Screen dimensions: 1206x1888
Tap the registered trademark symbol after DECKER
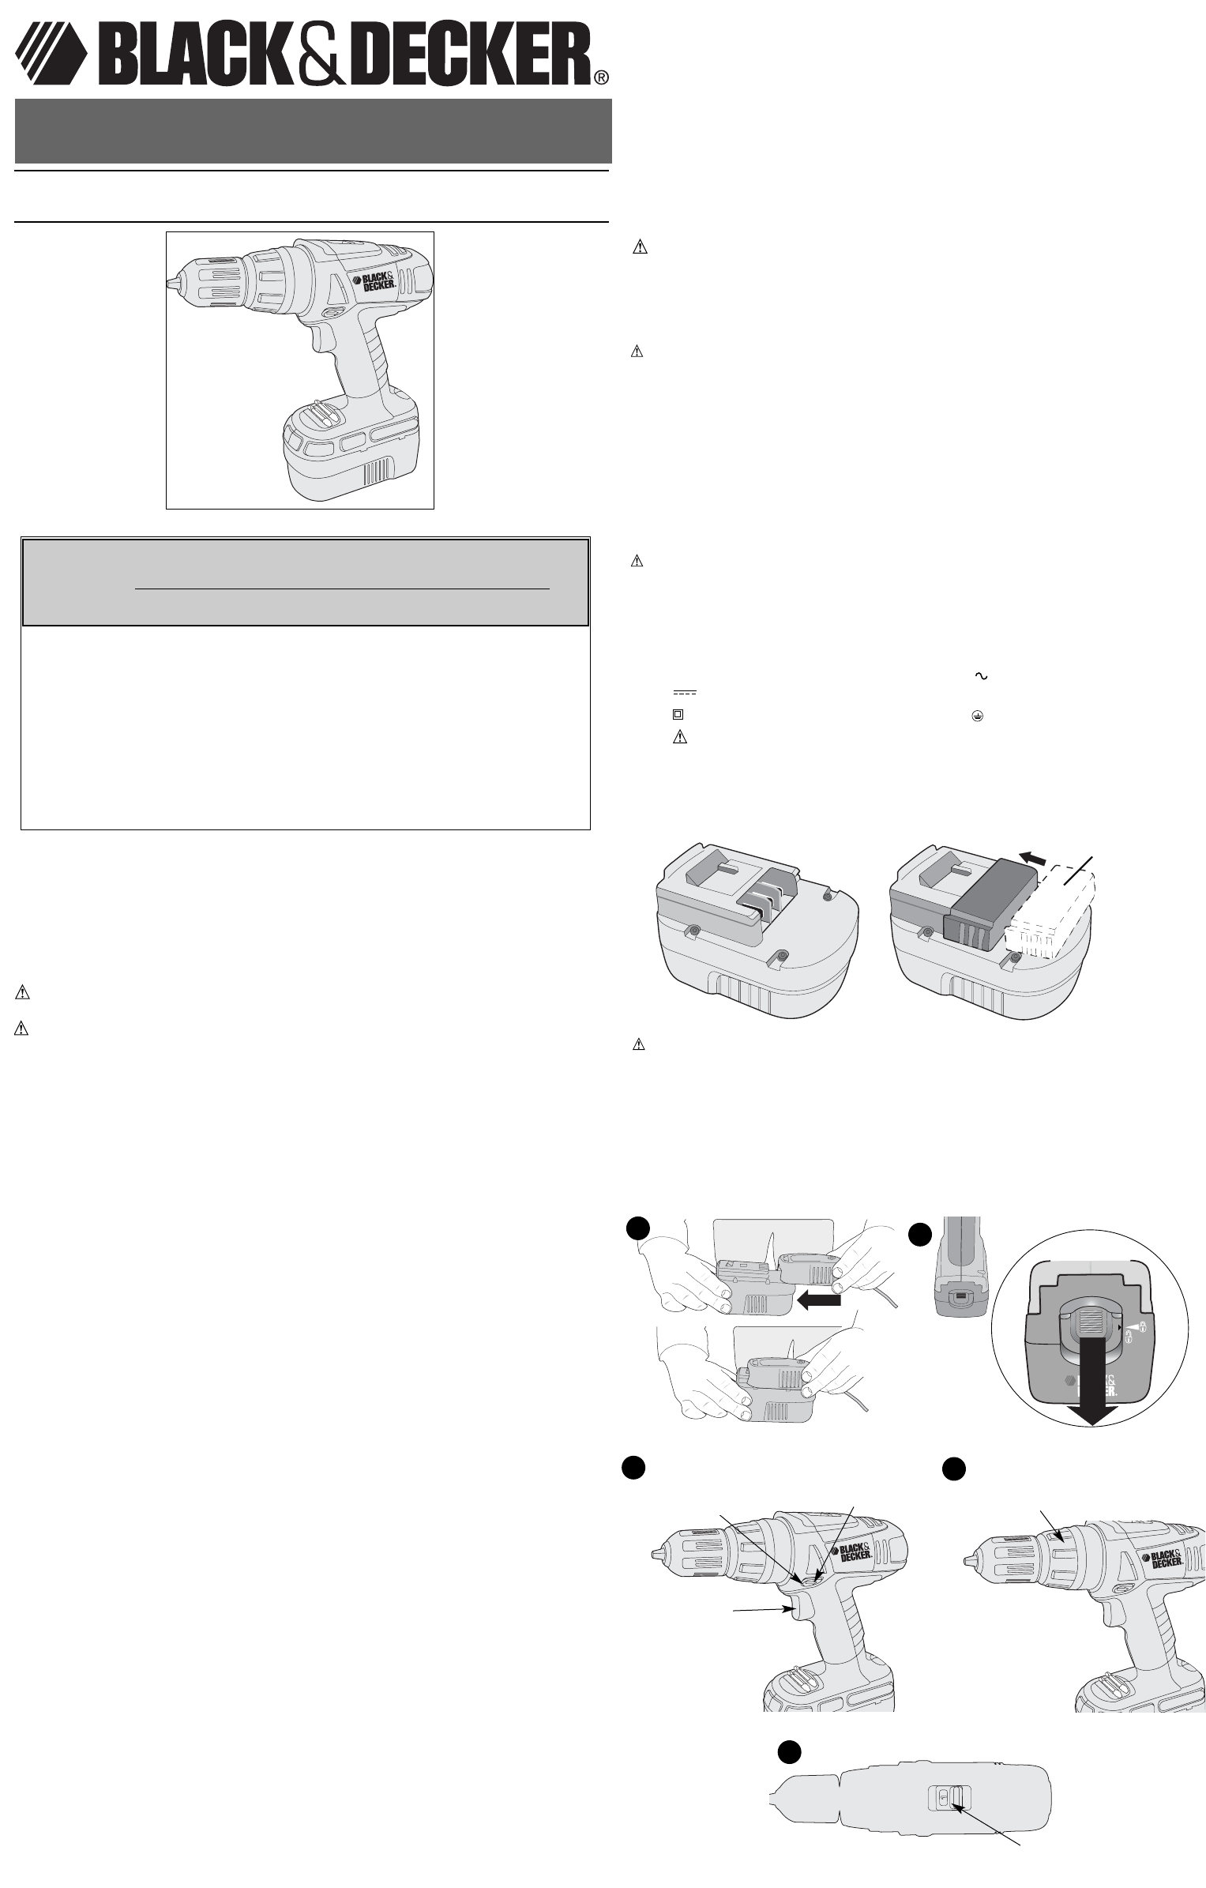(601, 77)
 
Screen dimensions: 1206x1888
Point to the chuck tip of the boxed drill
(171, 283)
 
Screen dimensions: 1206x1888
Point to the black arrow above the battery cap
(1040, 856)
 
